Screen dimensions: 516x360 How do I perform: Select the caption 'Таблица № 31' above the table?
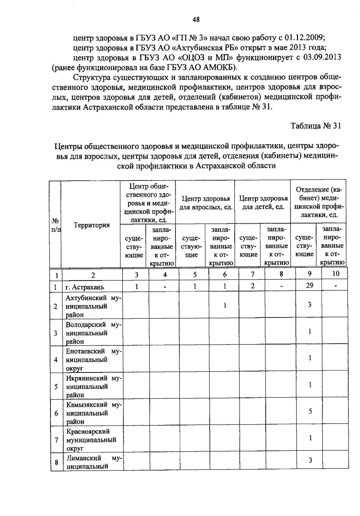coord(316,126)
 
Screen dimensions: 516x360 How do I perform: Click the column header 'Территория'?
coord(92,225)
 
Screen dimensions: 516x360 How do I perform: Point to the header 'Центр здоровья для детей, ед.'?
coord(263,203)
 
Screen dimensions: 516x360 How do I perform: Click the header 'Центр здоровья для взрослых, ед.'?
coord(206,203)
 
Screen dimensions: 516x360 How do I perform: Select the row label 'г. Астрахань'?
coord(85,287)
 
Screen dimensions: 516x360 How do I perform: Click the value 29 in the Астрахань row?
coord(310,286)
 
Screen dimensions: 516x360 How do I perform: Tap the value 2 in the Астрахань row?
coord(253,286)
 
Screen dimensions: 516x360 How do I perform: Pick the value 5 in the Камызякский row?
coord(310,411)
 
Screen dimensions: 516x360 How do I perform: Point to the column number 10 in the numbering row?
coord(336,273)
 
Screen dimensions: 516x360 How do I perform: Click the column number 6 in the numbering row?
coord(225,274)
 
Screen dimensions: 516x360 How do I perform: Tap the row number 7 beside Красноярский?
coord(56,440)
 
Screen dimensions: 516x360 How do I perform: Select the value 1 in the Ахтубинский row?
coord(225,305)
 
